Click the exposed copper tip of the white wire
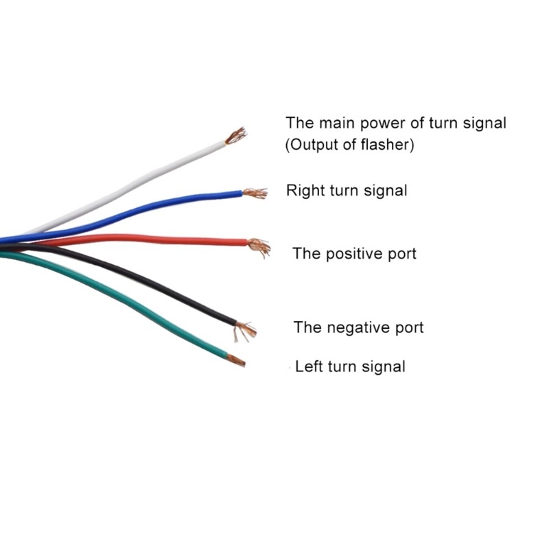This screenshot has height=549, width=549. tap(235, 136)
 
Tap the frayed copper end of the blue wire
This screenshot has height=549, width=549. tap(255, 193)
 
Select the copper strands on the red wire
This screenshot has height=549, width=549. tap(259, 246)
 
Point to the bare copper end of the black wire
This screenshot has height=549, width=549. tap(245, 330)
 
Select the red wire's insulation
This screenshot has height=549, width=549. tap(140, 239)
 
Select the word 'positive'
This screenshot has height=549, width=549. tap(354, 254)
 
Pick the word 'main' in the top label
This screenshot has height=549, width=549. tap(338, 124)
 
